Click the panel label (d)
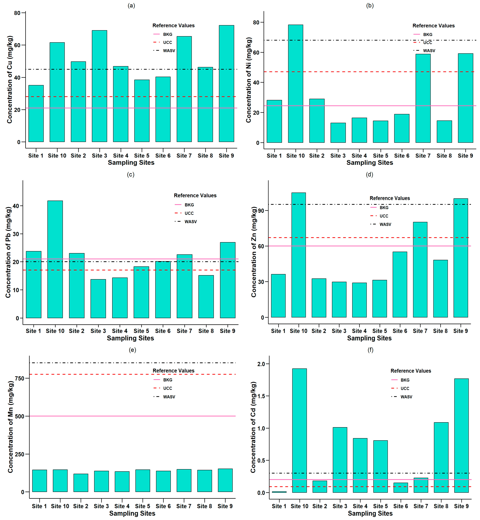click(369, 174)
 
